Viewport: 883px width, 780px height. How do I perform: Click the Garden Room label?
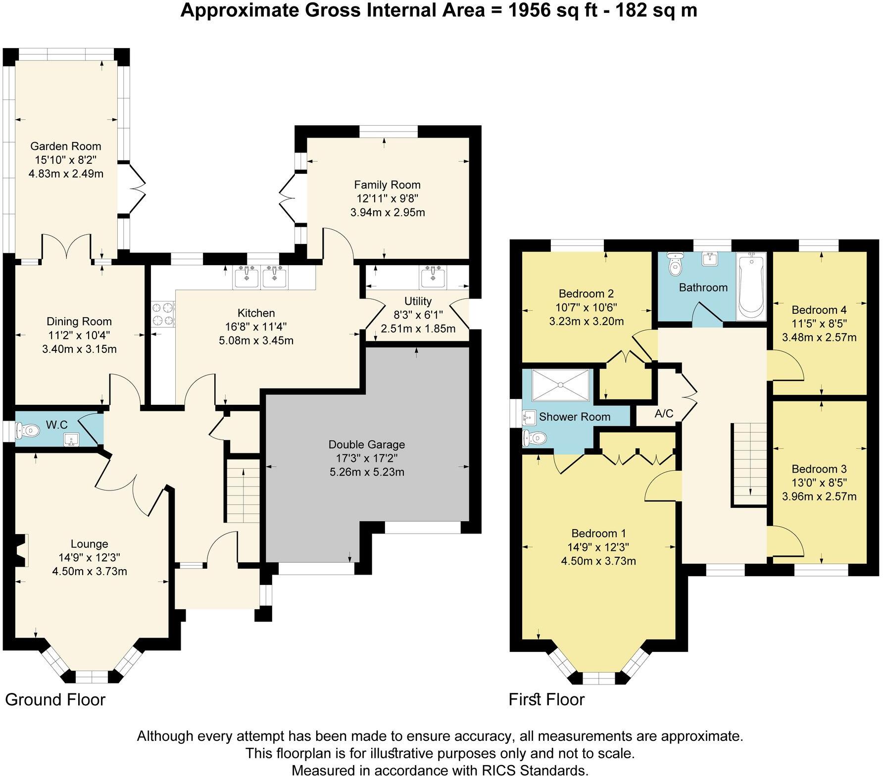click(65, 146)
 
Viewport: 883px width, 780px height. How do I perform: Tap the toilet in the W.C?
click(27, 431)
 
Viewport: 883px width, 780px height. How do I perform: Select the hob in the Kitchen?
click(163, 314)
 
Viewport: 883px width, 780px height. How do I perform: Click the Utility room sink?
click(433, 277)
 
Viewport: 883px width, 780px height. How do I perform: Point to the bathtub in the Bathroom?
click(751, 286)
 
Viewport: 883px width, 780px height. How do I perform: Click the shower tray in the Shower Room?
click(561, 385)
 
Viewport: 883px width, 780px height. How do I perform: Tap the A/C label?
click(664, 413)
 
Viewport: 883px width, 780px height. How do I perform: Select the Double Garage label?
click(367, 444)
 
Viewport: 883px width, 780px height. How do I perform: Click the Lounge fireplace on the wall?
click(20, 550)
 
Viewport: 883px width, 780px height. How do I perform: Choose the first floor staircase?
click(749, 464)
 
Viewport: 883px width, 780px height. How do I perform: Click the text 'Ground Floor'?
click(55, 700)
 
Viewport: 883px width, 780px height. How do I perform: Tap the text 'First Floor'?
click(546, 699)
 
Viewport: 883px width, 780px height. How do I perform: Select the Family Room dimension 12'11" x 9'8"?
click(387, 198)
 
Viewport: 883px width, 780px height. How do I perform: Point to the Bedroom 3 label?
click(819, 469)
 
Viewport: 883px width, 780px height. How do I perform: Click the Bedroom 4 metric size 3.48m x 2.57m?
click(819, 338)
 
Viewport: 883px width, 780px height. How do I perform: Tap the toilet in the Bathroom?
click(675, 264)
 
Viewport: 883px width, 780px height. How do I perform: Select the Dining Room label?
click(79, 321)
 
